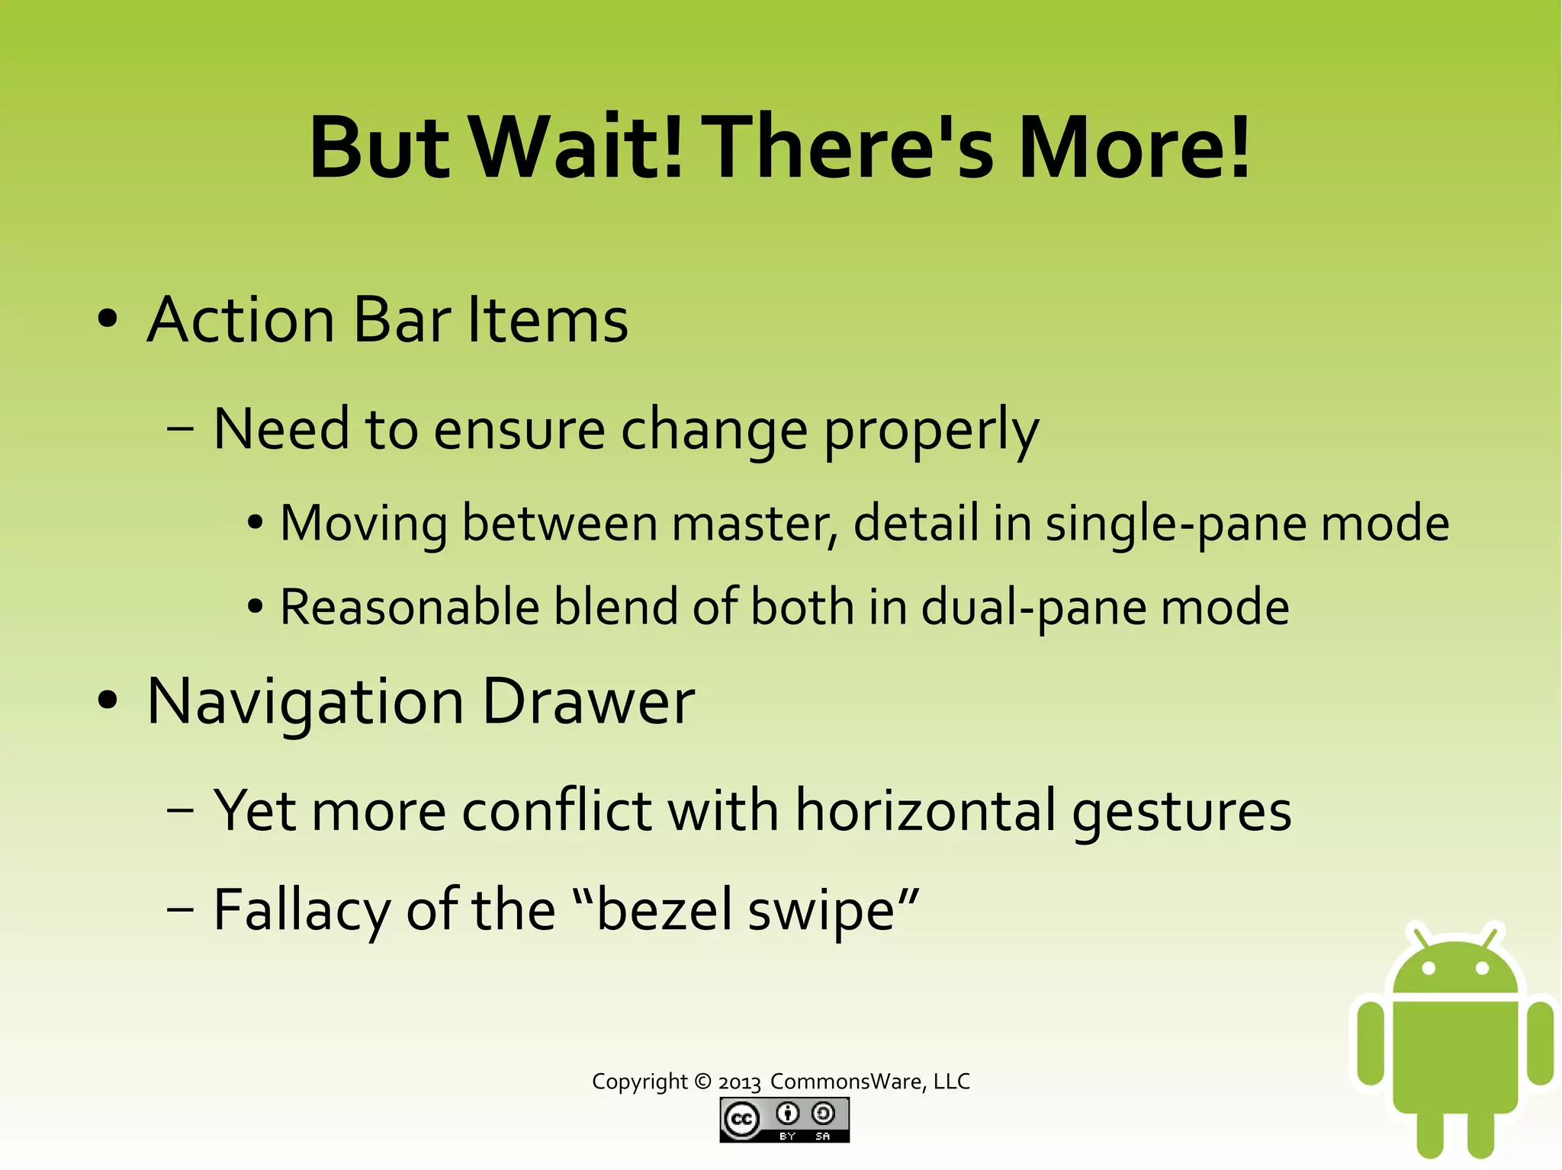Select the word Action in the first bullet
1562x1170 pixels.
coord(241,320)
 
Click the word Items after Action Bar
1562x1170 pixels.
coord(548,320)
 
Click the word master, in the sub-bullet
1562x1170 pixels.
coord(755,524)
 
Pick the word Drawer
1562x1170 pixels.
coord(589,701)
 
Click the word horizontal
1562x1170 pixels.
coord(926,810)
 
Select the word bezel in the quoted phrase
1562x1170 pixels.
coord(663,910)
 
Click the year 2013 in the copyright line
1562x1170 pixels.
coord(739,1083)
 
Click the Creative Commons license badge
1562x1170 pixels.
coord(784,1120)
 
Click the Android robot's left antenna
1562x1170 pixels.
coord(1419,936)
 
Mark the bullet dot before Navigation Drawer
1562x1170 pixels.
coord(108,701)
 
